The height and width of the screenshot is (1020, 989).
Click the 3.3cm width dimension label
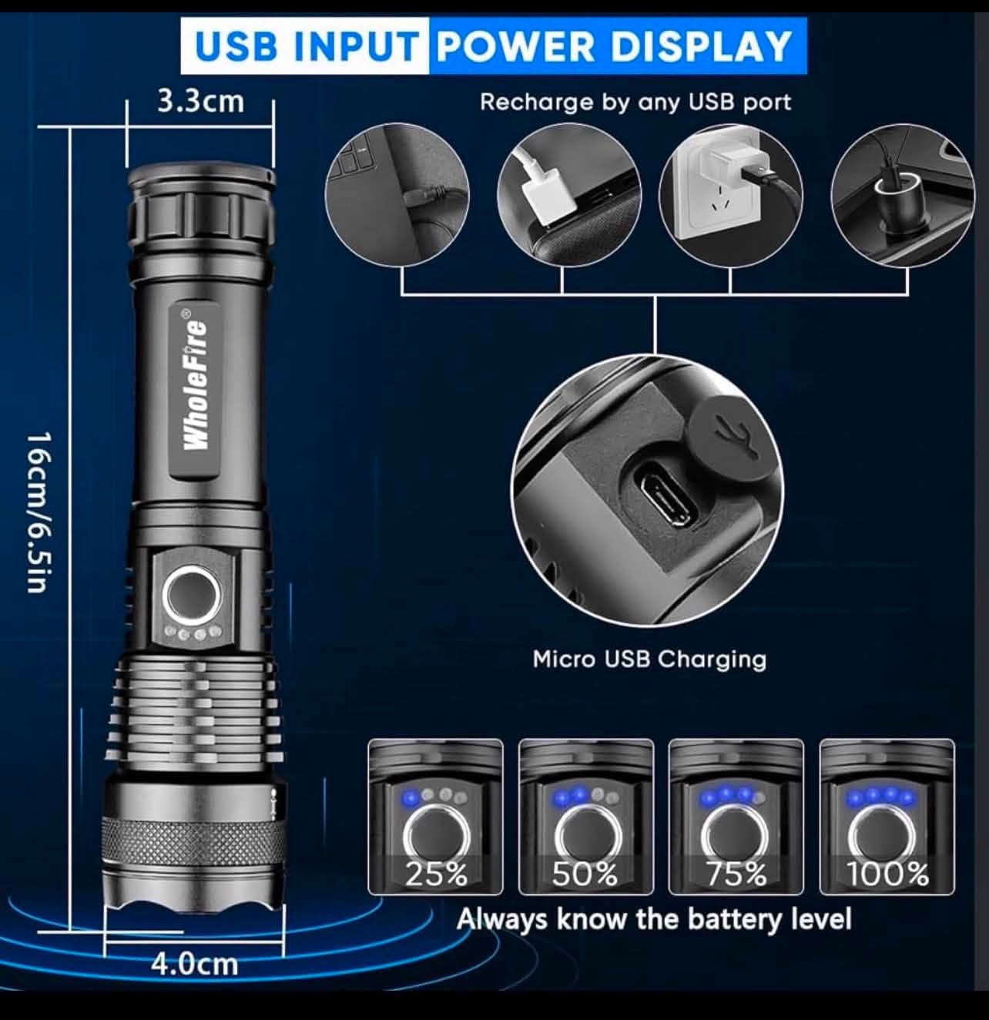coord(201,102)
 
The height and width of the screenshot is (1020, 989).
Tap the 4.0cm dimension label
coord(194,964)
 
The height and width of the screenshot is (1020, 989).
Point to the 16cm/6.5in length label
coord(39,512)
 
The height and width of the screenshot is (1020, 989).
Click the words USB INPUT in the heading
coord(305,46)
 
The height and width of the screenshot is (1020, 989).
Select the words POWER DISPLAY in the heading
coord(614,46)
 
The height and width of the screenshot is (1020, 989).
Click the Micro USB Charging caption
coord(649,660)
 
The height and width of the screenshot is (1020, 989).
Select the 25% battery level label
coord(436,874)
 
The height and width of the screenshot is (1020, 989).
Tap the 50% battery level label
coord(585,874)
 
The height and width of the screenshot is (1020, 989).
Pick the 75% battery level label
coord(736,874)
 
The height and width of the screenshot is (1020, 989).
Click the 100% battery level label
coord(887,874)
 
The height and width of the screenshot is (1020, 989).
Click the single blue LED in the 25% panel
coord(411,799)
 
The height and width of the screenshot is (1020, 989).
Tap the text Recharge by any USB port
coord(635,102)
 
